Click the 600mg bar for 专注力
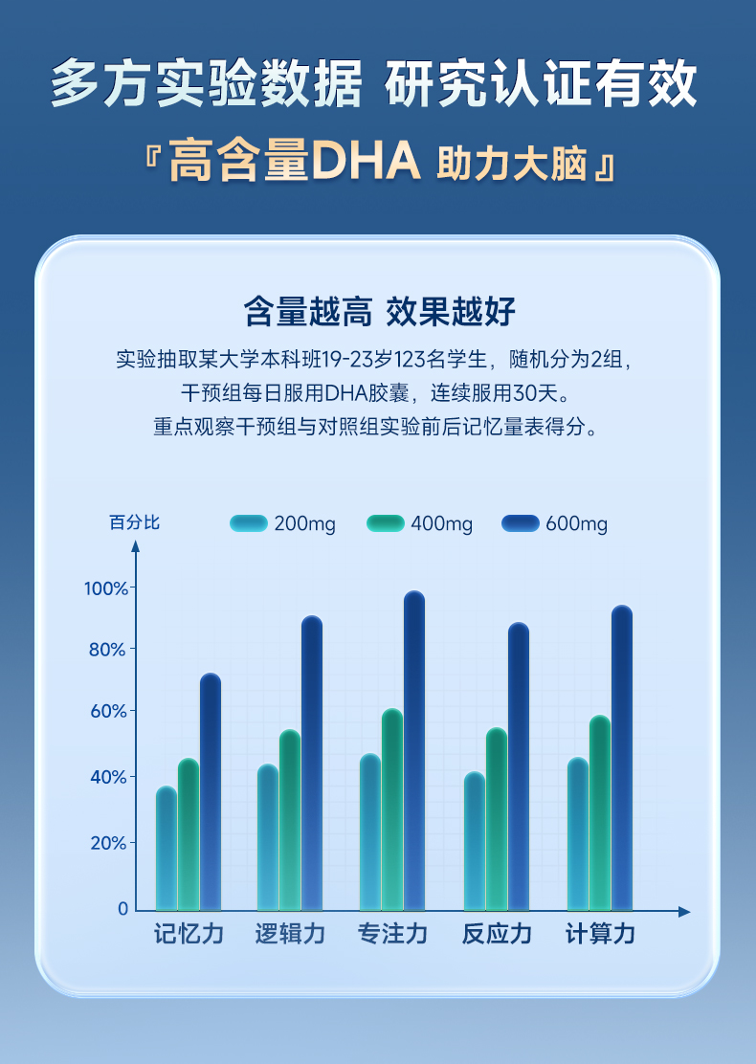click(x=413, y=751)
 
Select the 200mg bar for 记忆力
click(x=167, y=849)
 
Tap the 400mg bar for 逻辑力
click(x=290, y=820)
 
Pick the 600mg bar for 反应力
click(x=518, y=766)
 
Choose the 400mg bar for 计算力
click(x=600, y=812)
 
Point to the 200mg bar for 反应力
click(x=475, y=841)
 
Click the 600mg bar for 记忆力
click(x=211, y=792)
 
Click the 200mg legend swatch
click(x=249, y=523)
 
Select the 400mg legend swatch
click(x=386, y=523)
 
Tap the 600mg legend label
click(x=576, y=524)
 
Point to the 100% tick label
click(x=105, y=587)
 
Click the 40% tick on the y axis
click(x=108, y=776)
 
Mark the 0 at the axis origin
click(x=122, y=909)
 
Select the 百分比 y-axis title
click(x=134, y=522)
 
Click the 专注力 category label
click(x=392, y=935)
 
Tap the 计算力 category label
click(x=600, y=935)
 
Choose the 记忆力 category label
click(x=189, y=935)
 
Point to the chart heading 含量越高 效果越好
click(x=379, y=311)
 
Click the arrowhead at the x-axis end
click(x=684, y=912)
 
